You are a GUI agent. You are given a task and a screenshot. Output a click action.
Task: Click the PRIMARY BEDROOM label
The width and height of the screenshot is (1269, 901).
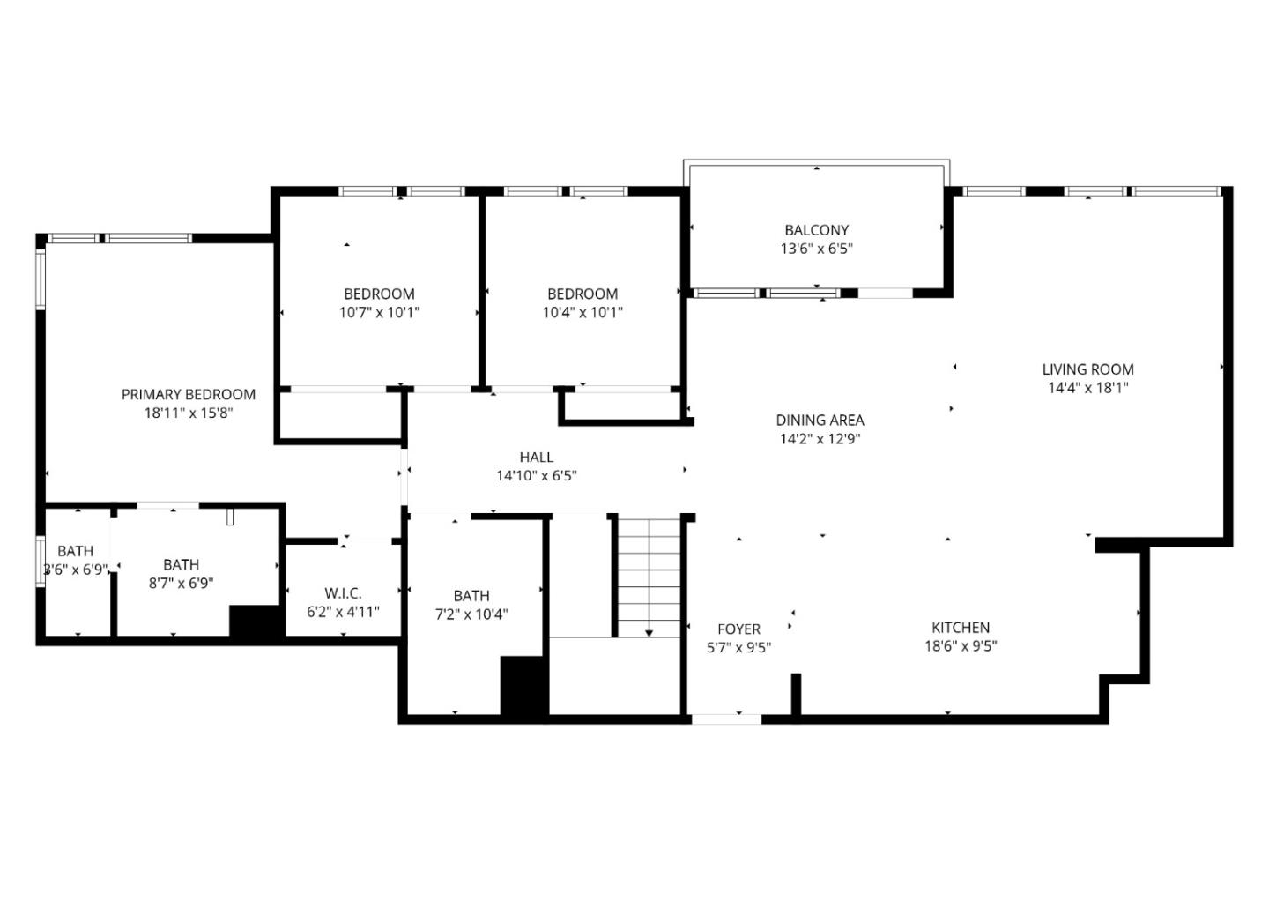click(x=188, y=394)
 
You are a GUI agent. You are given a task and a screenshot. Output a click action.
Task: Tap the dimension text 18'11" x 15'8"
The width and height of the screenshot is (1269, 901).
click(x=188, y=413)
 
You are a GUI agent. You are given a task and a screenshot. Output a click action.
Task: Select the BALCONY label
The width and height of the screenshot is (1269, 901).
click(x=816, y=230)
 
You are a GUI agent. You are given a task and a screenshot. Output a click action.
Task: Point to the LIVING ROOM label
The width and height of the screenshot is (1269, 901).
click(x=1087, y=369)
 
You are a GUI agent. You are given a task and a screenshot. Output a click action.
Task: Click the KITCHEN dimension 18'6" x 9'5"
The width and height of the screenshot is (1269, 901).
click(x=961, y=645)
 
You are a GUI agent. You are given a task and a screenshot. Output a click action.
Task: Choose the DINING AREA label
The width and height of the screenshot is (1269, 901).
click(x=820, y=421)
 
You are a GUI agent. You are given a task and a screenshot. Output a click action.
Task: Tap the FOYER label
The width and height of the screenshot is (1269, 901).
click(x=738, y=629)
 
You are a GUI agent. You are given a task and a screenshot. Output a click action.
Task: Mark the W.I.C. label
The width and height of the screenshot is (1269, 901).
click(x=343, y=593)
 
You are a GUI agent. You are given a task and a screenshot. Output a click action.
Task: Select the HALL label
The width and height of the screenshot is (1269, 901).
click(x=536, y=457)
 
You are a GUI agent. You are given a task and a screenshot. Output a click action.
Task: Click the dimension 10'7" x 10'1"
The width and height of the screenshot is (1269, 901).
click(x=379, y=312)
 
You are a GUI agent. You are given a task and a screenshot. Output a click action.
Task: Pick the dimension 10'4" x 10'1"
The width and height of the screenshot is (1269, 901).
click(x=583, y=312)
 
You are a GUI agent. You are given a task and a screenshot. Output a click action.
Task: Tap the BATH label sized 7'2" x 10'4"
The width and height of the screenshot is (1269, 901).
click(x=471, y=596)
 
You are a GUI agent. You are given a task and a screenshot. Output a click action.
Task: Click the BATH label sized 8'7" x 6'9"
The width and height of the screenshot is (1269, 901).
click(x=181, y=564)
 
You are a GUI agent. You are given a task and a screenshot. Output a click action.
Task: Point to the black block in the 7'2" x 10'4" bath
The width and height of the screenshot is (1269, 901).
click(x=523, y=686)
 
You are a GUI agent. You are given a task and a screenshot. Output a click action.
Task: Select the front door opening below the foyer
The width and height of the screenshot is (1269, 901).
click(x=726, y=719)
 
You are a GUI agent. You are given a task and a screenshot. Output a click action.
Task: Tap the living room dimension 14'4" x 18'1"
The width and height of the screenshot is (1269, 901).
click(x=1087, y=388)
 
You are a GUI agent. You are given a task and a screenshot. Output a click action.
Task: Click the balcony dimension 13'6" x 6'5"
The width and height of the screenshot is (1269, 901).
click(x=816, y=249)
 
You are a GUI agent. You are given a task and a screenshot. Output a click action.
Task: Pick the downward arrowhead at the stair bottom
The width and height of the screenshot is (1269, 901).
click(x=649, y=632)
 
